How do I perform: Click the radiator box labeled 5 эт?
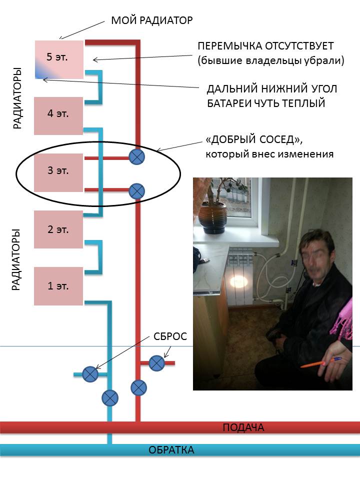coord(58,59)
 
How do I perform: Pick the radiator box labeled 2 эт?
coord(58,229)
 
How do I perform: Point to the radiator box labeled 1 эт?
coord(58,286)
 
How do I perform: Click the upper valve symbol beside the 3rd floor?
coord(136,157)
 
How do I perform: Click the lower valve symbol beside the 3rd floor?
coord(136,190)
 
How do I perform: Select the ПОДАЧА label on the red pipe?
coord(243,427)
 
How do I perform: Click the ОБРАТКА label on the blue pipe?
coord(171,450)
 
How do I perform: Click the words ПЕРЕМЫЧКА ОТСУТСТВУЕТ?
coord(265,46)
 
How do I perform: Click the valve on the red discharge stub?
coord(157,363)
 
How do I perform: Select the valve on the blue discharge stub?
coord(90,374)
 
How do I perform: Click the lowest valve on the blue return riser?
coord(110,398)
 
